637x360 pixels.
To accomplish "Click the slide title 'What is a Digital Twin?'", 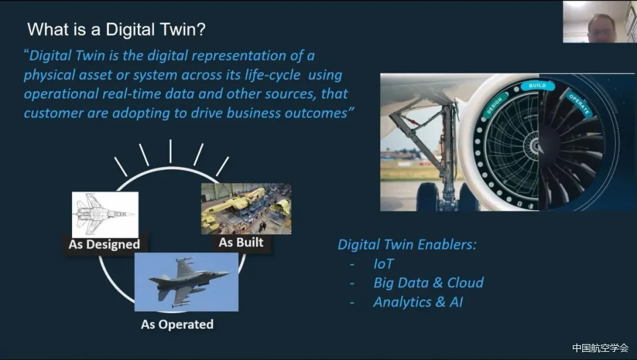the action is pos(117,30).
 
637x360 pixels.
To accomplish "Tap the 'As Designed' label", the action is pos(104,244).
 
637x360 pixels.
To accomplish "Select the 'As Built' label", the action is pos(241,242).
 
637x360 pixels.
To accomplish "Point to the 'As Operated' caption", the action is pos(177,324).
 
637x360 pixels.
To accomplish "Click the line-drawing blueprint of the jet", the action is pos(105,215).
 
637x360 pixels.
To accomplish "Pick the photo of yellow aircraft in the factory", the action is pos(246,208).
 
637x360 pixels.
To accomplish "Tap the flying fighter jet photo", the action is pos(186,282).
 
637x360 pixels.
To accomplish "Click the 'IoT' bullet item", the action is pos(383,264).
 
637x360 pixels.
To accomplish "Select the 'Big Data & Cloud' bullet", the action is pos(429,283).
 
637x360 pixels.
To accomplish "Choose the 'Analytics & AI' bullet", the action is pos(418,302).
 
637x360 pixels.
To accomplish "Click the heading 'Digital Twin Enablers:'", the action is pos(406,244).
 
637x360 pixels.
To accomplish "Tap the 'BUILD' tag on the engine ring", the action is pos(537,86).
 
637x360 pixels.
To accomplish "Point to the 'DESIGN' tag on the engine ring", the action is pos(494,106).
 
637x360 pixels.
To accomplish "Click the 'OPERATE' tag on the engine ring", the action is pos(579,104).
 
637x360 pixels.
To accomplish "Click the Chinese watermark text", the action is pos(600,348).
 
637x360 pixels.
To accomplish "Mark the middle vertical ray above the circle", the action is pos(170,151).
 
